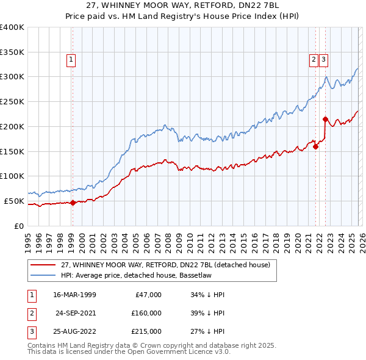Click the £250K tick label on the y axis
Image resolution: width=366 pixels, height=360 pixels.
pyautogui.click(x=12, y=101)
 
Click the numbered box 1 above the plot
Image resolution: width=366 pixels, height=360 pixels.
pyautogui.click(x=72, y=60)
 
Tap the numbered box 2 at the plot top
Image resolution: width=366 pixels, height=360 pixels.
pyautogui.click(x=314, y=60)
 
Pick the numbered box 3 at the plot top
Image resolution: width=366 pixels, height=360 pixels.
pyautogui.click(x=323, y=60)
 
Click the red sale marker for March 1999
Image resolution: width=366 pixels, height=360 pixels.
pyautogui.click(x=73, y=203)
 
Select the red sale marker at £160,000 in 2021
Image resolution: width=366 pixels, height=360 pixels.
pyautogui.click(x=316, y=146)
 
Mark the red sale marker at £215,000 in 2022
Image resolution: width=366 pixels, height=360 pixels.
pyautogui.click(x=325, y=119)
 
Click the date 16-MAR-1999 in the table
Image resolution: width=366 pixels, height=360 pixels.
pyautogui.click(x=75, y=295)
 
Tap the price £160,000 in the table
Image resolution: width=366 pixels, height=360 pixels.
pyautogui.click(x=146, y=313)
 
